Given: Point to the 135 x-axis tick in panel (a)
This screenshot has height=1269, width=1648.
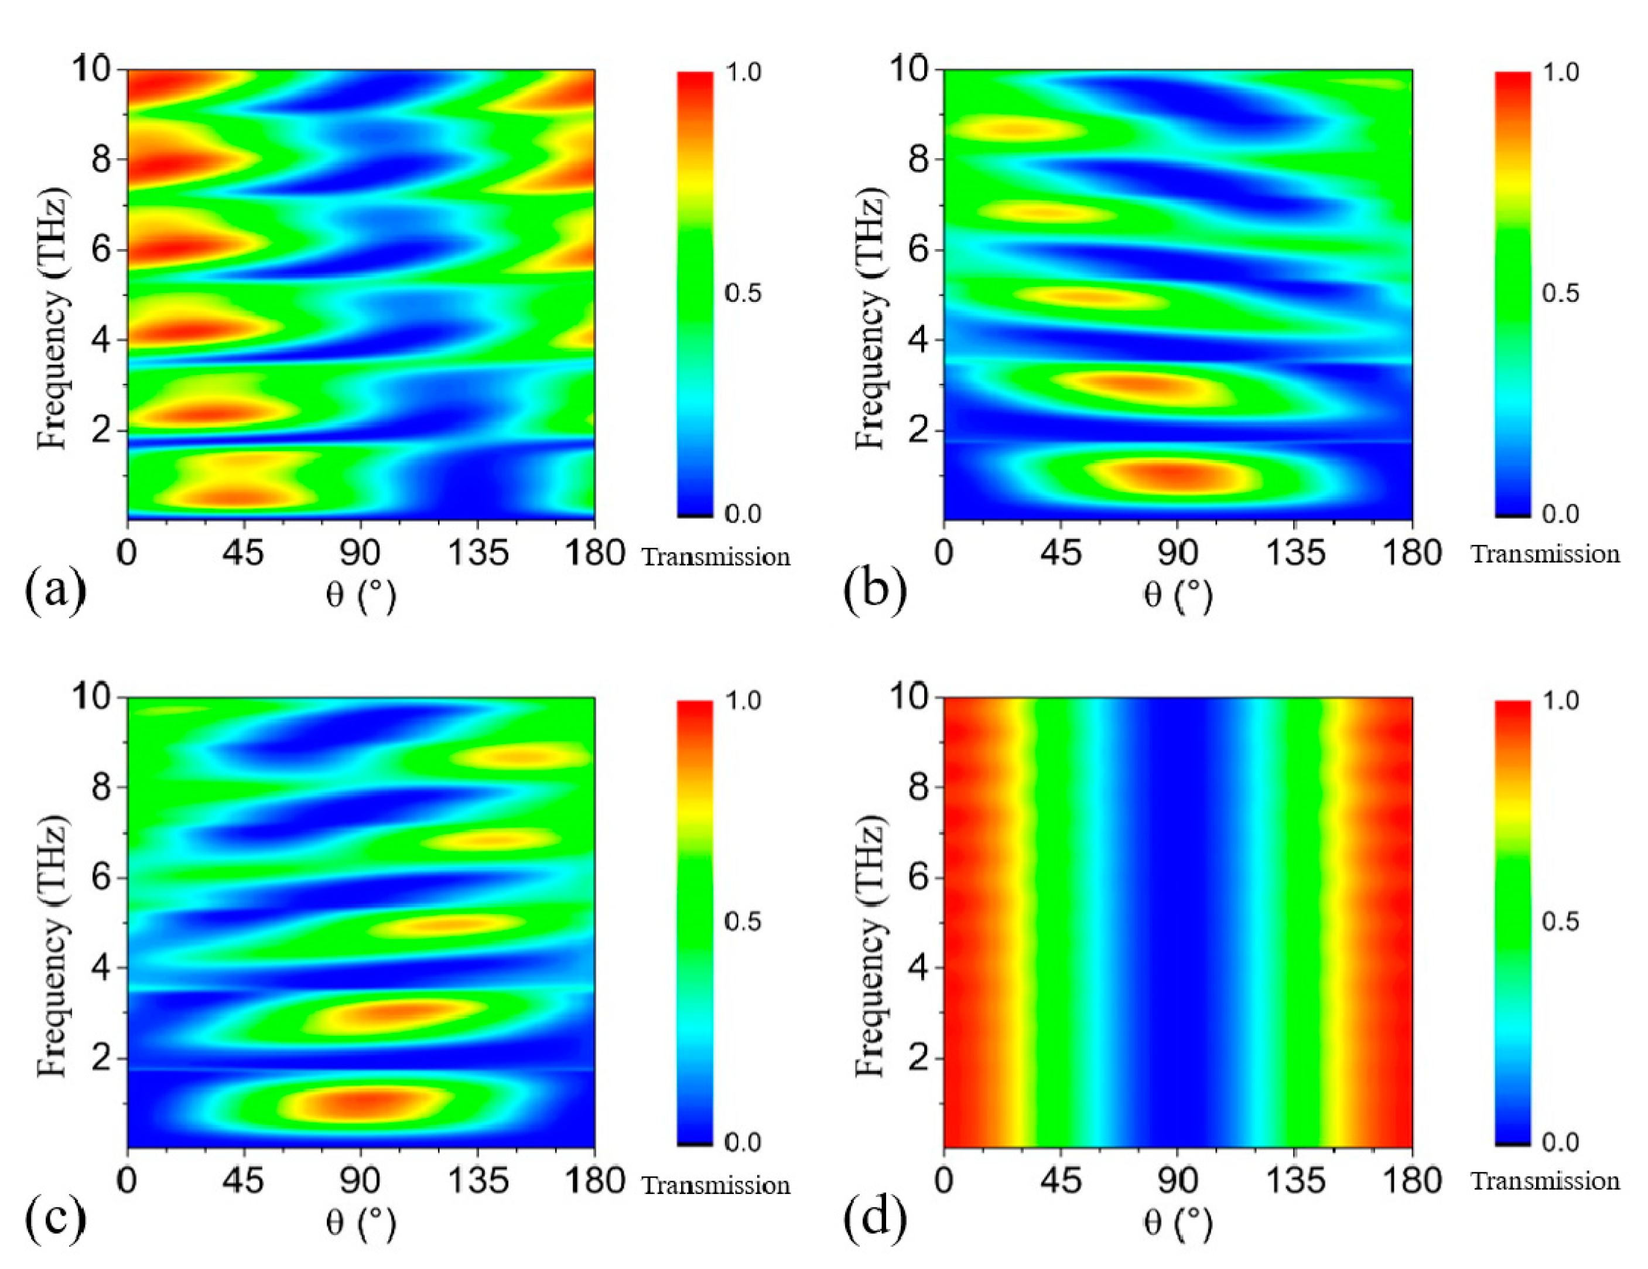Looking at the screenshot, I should point(478,553).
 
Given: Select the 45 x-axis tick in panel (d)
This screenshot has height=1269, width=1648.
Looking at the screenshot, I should point(1061,1180).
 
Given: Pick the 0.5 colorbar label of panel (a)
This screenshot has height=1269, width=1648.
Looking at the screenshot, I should point(743,293).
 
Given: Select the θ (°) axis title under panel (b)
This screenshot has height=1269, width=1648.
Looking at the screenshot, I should point(1177,596).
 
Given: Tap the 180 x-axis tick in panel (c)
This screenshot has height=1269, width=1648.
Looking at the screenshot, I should point(594,1180).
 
